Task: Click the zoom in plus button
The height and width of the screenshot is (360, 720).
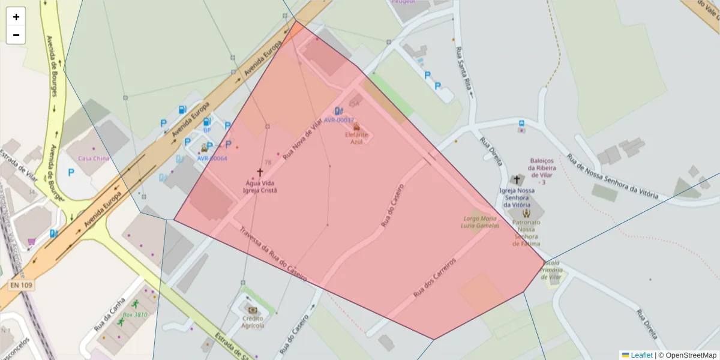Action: pos(16,17)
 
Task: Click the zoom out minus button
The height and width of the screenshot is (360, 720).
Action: pos(16,35)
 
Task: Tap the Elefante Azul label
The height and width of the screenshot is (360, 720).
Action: pos(357,138)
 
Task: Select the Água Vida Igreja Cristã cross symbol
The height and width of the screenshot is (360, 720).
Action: pos(260,173)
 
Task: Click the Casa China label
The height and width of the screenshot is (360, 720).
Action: pos(94,158)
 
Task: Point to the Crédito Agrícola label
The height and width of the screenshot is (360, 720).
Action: pos(253,322)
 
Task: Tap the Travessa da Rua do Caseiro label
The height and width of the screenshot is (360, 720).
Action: pos(273,254)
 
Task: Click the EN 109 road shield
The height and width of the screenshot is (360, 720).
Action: pos(21,285)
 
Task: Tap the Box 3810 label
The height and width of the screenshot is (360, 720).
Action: pos(135,314)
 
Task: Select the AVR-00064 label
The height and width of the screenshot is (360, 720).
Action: pos(212,158)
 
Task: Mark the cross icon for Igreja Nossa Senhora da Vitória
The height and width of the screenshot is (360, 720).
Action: pos(517,179)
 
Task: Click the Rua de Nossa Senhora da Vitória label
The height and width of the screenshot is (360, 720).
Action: pos(612,178)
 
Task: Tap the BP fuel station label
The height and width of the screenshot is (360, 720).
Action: pos(207,130)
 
